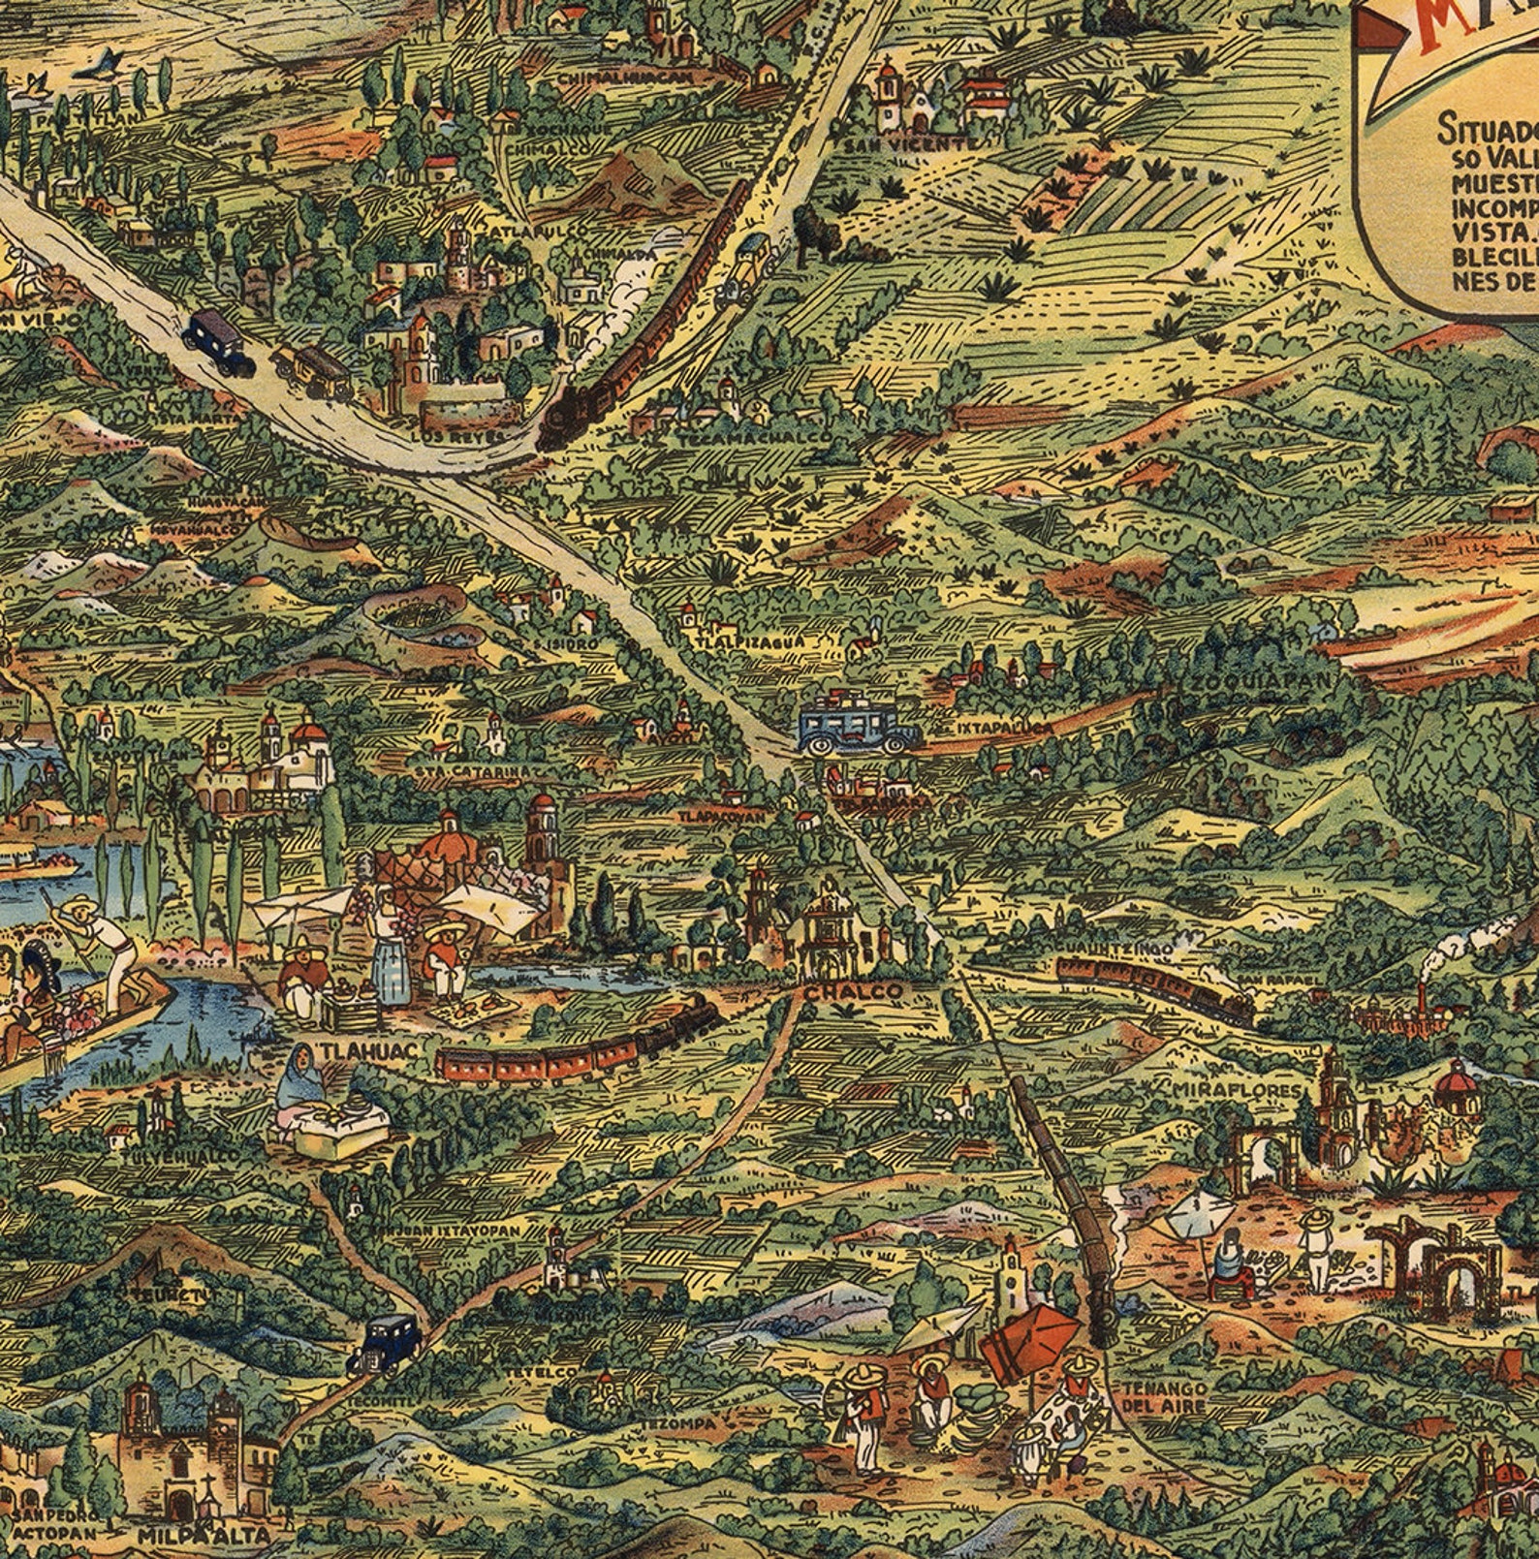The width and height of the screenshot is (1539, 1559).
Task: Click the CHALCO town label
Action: tap(853, 992)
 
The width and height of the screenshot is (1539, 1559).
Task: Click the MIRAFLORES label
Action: tap(1235, 1091)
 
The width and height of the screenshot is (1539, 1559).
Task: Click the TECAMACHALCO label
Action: tap(753, 438)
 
